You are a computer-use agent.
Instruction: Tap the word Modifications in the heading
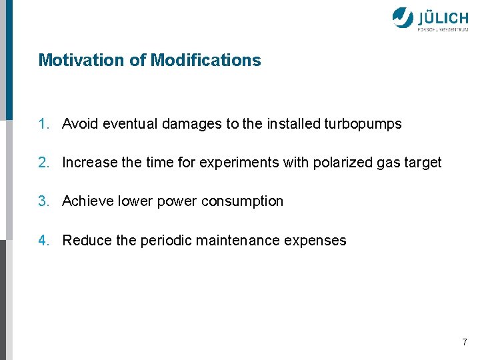(206, 60)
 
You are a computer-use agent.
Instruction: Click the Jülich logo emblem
(403, 18)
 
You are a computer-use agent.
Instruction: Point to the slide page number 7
(465, 343)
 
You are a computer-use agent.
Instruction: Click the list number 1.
(43, 124)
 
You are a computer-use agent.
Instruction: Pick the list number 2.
(43, 163)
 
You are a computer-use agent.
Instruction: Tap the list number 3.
(43, 201)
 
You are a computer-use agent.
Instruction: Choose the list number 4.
(43, 241)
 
